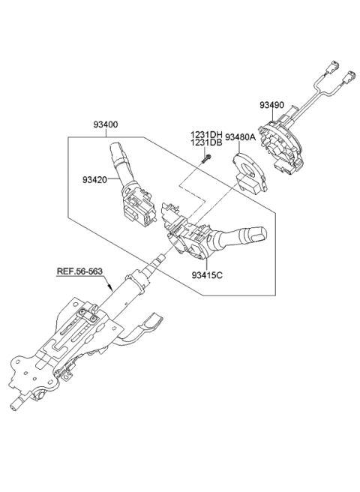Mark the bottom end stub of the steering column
16,405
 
